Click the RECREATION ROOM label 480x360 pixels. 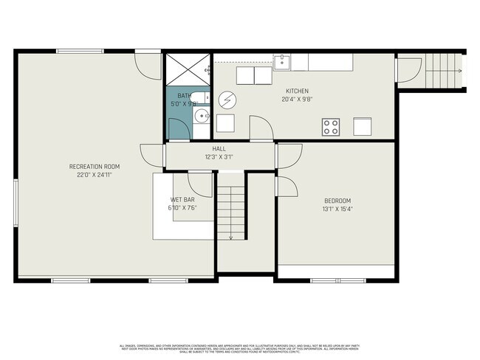[94, 167]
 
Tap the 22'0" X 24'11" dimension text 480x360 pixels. [94, 175]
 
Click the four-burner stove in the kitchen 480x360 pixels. [331, 126]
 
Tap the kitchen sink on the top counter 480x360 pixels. [282, 62]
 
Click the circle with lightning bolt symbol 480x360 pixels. [227, 99]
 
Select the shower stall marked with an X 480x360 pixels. [187, 70]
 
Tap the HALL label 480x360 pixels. [219, 149]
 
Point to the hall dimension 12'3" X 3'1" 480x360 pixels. [219, 157]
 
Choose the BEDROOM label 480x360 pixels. [337, 201]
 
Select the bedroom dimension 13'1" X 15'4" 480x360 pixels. [337, 209]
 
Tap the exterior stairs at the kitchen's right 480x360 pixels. [441, 71]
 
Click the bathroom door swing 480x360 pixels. [178, 128]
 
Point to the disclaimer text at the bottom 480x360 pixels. [240, 348]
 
